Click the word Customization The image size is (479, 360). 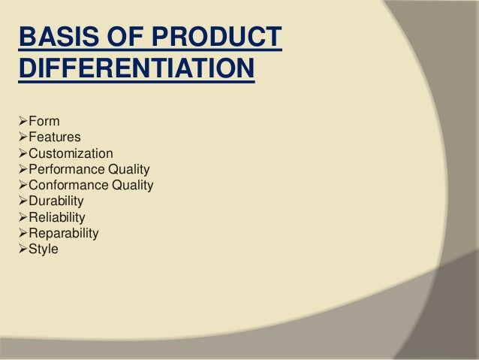point(71,153)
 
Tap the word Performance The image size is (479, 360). point(69,169)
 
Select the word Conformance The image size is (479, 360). point(70,185)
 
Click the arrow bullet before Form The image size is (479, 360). point(21,122)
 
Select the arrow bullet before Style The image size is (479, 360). point(21,249)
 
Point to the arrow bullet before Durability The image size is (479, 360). point(21,201)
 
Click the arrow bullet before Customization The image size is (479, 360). point(21,153)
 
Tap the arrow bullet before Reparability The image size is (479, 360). point(21,233)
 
